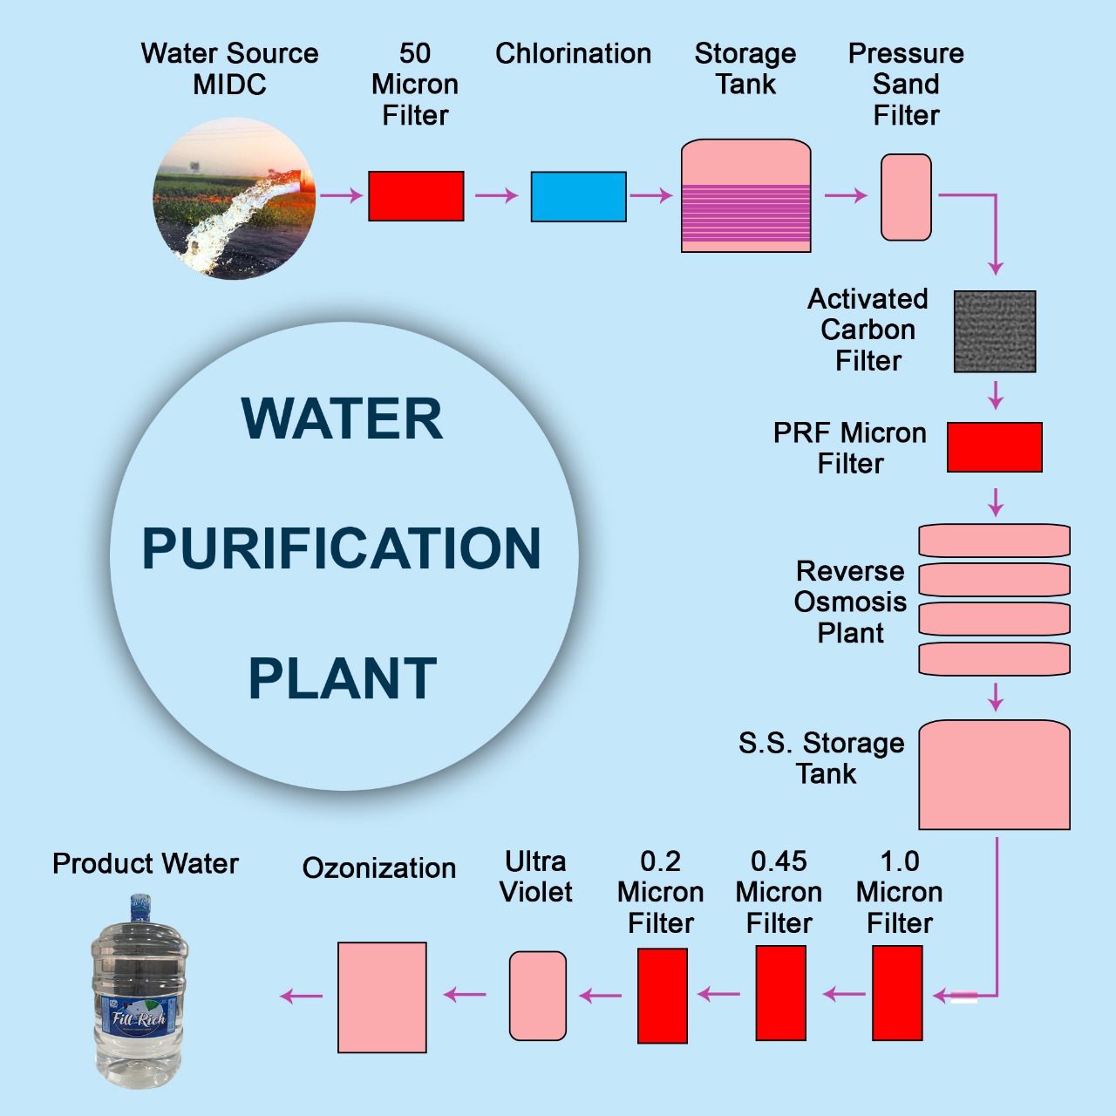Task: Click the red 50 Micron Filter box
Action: (416, 196)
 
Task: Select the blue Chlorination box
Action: (579, 197)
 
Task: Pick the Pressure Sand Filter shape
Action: (906, 197)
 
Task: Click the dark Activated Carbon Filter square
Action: (995, 331)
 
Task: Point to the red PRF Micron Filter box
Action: (995, 447)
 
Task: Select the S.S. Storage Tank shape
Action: (994, 775)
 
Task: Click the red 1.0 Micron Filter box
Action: (897, 993)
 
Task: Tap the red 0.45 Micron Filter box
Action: (780, 993)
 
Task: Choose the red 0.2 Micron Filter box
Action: (663, 996)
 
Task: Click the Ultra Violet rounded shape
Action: (538, 996)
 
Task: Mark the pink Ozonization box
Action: (382, 997)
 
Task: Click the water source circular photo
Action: (235, 199)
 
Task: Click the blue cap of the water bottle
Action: (140, 907)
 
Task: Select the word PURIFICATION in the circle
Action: (342, 548)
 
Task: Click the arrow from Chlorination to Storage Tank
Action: (650, 195)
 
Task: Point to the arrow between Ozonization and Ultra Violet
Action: (465, 994)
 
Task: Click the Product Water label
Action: (146, 863)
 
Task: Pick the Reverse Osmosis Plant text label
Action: (850, 602)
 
